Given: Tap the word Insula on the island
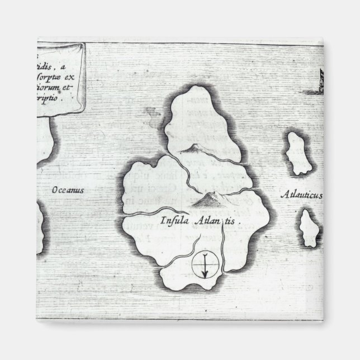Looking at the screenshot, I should click(173, 220).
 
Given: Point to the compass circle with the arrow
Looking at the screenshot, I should click(204, 265).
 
